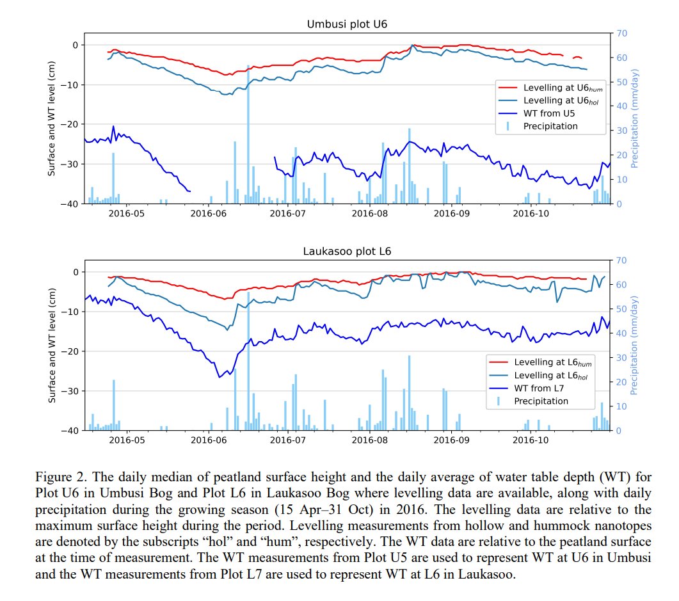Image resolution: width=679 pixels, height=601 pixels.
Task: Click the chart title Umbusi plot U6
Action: (347, 24)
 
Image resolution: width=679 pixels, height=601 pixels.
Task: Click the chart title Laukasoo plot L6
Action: (347, 252)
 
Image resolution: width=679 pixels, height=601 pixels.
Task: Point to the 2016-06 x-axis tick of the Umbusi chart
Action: (209, 213)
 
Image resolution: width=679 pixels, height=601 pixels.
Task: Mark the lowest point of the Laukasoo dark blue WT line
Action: (220, 377)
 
